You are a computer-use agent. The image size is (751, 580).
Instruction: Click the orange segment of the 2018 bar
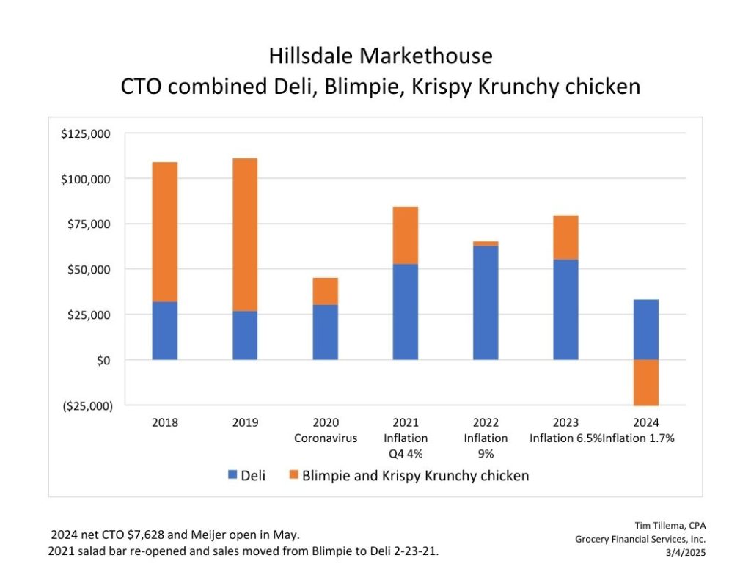165,232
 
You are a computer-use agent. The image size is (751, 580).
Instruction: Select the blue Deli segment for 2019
245,335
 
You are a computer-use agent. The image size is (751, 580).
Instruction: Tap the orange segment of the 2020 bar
325,291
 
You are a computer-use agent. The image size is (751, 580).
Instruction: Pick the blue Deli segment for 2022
486,303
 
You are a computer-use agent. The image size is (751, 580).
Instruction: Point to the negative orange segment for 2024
645,382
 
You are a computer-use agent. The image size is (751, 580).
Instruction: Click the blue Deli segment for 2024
645,329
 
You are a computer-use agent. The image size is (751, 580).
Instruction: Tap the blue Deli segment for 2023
565,309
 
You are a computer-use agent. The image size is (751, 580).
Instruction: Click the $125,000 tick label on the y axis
87,134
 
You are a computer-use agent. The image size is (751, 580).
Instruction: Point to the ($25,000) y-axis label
87,405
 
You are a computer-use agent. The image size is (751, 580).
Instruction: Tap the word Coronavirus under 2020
326,438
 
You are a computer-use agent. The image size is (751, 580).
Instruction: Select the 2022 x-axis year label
486,422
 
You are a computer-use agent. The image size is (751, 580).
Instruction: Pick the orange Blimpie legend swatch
293,476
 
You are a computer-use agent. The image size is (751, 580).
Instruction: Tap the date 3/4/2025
684,554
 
